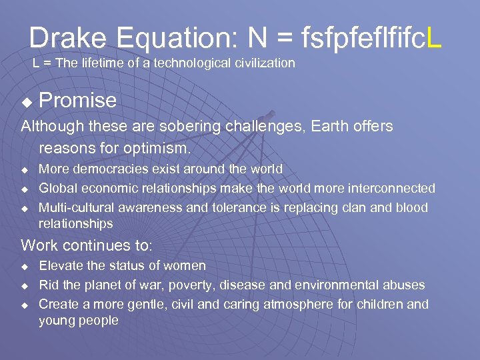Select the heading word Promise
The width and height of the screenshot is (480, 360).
tap(78, 101)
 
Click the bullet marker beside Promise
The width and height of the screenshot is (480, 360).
tap(27, 103)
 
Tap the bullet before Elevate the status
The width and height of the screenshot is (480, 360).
tap(25, 267)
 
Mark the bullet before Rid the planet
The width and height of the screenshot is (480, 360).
tap(25, 286)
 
